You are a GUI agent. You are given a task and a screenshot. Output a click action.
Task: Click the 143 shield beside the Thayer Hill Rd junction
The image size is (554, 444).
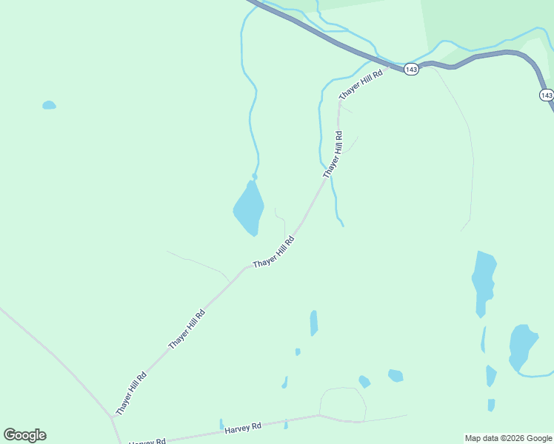pyautogui.click(x=412, y=69)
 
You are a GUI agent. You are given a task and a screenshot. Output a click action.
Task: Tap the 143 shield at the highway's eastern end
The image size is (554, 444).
pyautogui.click(x=546, y=95)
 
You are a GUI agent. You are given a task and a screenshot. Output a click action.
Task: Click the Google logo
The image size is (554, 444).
pyautogui.click(x=24, y=435)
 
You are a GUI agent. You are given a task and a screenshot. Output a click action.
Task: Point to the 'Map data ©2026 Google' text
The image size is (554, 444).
pyautogui.click(x=509, y=438)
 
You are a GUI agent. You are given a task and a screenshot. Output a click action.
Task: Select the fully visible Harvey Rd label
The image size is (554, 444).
pyautogui.click(x=244, y=428)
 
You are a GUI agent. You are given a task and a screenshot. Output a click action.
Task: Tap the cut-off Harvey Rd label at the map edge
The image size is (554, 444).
pyautogui.click(x=147, y=442)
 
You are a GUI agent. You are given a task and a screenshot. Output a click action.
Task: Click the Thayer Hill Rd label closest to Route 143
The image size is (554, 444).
pyautogui.click(x=361, y=84)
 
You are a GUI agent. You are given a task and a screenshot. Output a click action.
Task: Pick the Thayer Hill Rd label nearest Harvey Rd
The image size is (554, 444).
pyautogui.click(x=131, y=393)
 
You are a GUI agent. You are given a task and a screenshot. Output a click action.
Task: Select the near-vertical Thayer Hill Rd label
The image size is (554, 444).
pyautogui.click(x=333, y=155)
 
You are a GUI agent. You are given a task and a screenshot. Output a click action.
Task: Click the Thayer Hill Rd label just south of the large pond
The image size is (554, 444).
pyautogui.click(x=274, y=252)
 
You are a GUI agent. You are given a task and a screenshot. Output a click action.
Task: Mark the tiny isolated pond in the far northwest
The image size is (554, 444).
pyautogui.click(x=49, y=105)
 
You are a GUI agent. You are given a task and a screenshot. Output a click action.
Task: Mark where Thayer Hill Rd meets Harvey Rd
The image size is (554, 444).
pyautogui.click(x=113, y=417)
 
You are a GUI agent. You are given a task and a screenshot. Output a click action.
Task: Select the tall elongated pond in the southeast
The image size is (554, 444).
pyautogui.click(x=483, y=282)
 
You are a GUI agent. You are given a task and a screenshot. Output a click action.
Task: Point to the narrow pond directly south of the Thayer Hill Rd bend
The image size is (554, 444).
pyautogui.click(x=314, y=323)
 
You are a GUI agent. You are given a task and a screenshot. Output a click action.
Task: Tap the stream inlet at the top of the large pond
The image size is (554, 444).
pyautogui.click(x=255, y=176)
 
